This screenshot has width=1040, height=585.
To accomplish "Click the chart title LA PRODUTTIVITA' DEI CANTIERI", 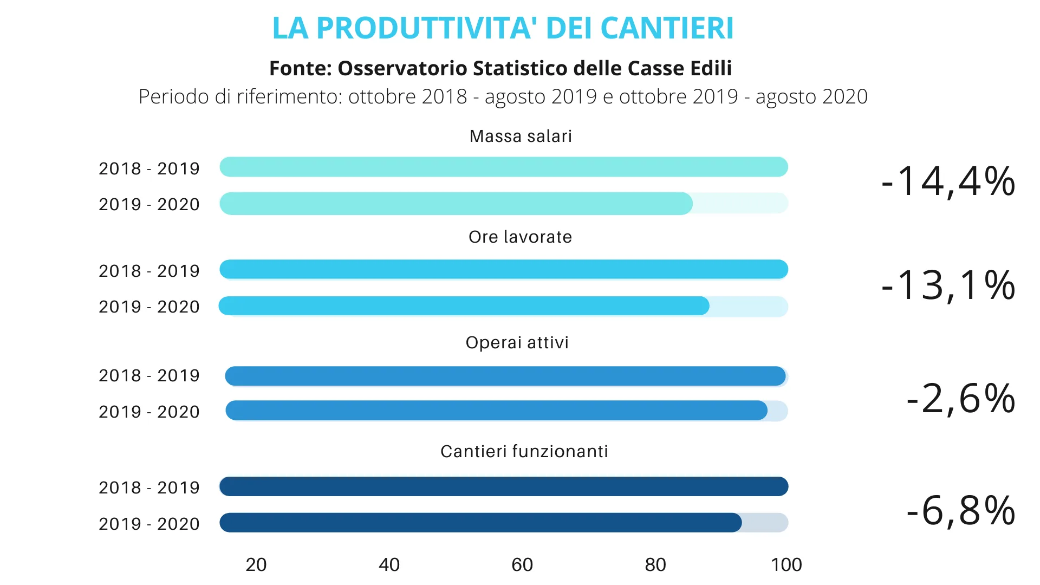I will click(503, 28).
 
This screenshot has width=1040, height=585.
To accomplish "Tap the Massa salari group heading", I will click(521, 136).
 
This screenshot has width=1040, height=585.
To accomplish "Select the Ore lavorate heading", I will click(520, 237).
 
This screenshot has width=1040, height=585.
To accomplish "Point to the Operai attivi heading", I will click(517, 342).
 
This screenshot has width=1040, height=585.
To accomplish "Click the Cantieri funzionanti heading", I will click(524, 451).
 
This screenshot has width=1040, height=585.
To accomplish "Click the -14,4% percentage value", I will click(948, 181).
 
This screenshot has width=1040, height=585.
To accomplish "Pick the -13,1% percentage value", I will click(948, 285).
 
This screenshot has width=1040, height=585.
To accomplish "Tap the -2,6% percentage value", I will click(960, 399).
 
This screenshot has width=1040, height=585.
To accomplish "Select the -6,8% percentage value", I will click(960, 510).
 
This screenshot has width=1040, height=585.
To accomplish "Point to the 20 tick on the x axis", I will click(256, 565).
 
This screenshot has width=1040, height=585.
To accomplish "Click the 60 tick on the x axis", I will click(522, 565).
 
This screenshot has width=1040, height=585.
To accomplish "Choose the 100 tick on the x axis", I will click(786, 565).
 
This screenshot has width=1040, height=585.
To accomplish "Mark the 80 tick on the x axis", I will click(655, 565).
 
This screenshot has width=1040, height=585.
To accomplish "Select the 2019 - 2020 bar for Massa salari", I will click(456, 204).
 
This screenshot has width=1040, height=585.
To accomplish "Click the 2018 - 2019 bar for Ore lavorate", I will click(504, 269).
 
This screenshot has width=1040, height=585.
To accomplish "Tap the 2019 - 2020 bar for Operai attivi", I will click(496, 411).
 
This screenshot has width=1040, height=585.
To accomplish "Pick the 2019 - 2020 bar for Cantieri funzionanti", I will click(480, 523).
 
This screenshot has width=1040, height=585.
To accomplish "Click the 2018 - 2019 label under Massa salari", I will click(149, 168).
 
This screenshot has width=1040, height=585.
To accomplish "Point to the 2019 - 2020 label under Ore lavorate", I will click(149, 307).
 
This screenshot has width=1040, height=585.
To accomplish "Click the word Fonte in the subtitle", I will click(300, 68).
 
